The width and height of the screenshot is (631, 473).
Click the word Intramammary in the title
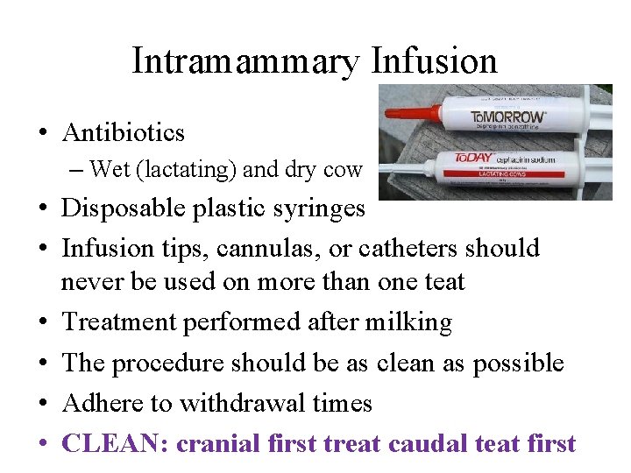pos(245,62)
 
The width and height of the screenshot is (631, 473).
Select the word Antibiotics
pos(124,133)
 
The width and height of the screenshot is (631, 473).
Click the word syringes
pos(322,209)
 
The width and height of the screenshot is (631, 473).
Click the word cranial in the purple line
pos(221,443)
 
